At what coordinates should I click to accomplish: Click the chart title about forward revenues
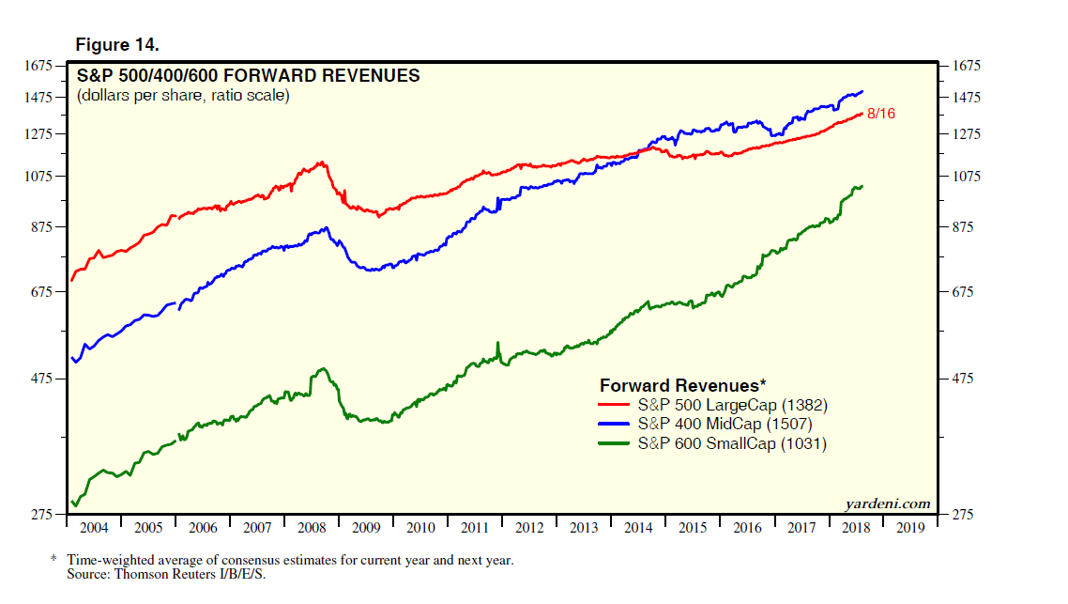pos(248,76)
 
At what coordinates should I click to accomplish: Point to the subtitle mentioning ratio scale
pos(183,96)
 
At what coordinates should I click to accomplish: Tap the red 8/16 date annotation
pos(882,114)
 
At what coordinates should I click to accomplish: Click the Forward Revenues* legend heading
pos(682,385)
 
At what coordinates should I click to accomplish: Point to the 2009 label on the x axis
pos(367,528)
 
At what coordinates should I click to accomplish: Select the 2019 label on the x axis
pos(909,528)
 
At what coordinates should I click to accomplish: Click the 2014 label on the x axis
pos(638,528)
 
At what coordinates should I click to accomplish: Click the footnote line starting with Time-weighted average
pos(289,560)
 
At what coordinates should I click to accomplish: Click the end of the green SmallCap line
pos(862,186)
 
